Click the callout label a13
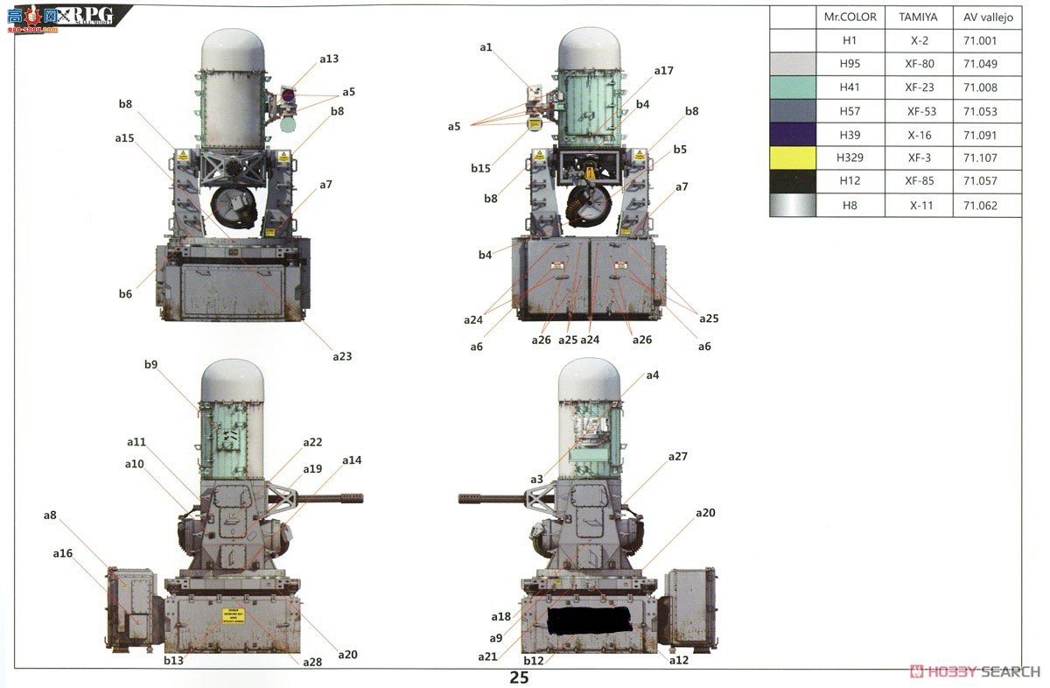point(328,59)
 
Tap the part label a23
point(342,356)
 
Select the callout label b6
point(125,294)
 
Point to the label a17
point(663,70)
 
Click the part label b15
point(480,168)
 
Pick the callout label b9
point(150,364)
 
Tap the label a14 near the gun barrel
point(352,460)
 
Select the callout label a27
point(678,457)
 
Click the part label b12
point(533,661)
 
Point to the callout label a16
point(62,553)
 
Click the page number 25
point(520,677)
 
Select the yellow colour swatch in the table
point(792,158)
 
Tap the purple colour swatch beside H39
point(792,135)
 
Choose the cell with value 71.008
point(979,88)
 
